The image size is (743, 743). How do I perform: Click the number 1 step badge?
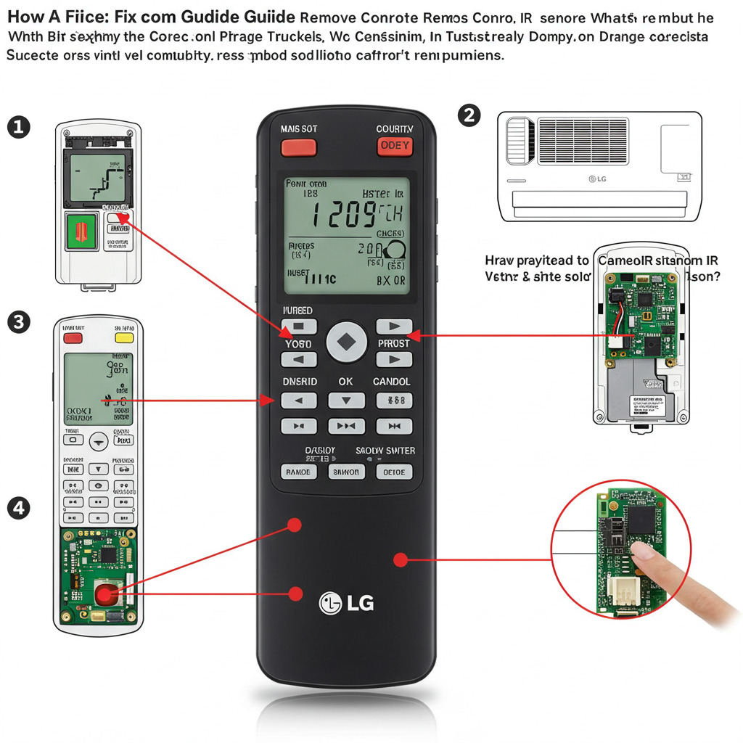(x=18, y=128)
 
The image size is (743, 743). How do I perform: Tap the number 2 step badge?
(x=469, y=115)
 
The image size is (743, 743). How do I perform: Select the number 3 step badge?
(x=18, y=321)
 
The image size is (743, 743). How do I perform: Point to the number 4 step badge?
(x=18, y=509)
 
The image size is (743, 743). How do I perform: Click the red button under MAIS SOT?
(x=298, y=147)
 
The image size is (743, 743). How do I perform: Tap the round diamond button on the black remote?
(x=347, y=342)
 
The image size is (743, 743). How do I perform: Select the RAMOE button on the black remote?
(x=297, y=472)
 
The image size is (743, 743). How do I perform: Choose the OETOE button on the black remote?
(x=394, y=472)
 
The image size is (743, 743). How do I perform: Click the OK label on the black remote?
(x=345, y=382)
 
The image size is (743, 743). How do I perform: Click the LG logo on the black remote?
(x=346, y=602)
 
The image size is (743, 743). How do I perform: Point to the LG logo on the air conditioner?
(x=596, y=178)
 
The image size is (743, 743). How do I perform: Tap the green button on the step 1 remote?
(x=81, y=231)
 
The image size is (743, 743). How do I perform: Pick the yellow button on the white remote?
(x=125, y=337)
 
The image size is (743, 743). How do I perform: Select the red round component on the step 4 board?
(x=104, y=595)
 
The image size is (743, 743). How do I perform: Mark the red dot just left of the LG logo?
(x=295, y=594)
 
